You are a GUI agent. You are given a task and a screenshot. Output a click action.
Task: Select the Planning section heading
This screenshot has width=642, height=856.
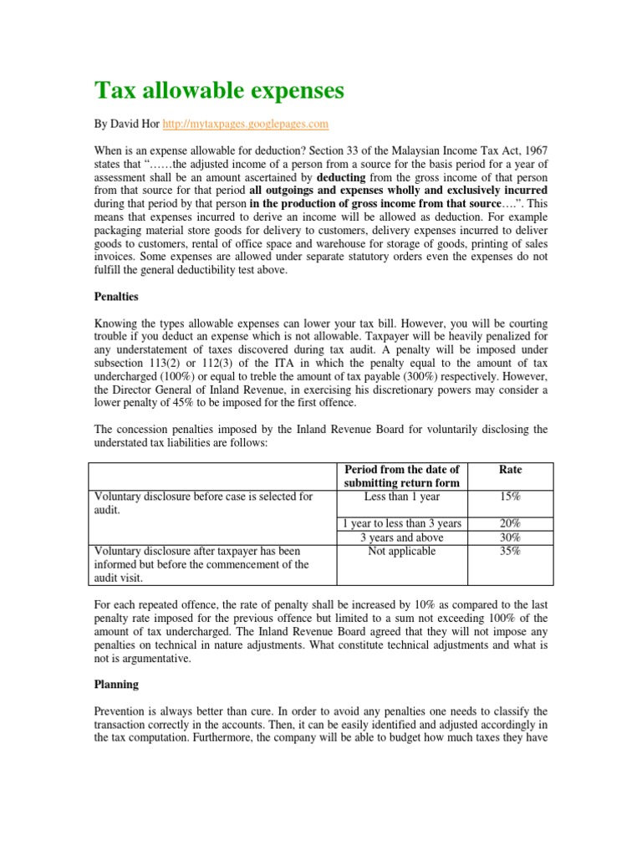(x=116, y=683)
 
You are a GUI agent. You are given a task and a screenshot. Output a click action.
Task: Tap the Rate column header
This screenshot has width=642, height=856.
(x=510, y=470)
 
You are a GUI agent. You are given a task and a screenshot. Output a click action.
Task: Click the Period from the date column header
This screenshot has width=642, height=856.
(x=403, y=476)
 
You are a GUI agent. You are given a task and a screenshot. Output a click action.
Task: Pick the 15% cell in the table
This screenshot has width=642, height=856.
(x=510, y=497)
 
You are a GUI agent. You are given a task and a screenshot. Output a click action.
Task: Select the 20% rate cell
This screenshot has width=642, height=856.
(x=510, y=523)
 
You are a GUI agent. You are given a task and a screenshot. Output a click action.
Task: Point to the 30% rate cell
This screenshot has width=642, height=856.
(x=510, y=538)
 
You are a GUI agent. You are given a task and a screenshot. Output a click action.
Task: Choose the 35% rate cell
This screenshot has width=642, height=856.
(x=510, y=552)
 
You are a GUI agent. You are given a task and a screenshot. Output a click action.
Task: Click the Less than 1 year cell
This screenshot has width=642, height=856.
(x=402, y=497)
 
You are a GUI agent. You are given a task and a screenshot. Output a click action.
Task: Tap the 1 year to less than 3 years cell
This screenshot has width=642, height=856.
(x=402, y=523)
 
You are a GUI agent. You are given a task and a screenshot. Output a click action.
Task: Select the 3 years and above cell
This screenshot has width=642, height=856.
(x=402, y=538)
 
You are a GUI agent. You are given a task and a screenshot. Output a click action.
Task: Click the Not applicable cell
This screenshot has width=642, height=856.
(x=402, y=552)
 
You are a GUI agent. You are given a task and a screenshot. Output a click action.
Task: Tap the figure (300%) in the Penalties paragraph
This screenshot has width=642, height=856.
(x=423, y=375)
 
